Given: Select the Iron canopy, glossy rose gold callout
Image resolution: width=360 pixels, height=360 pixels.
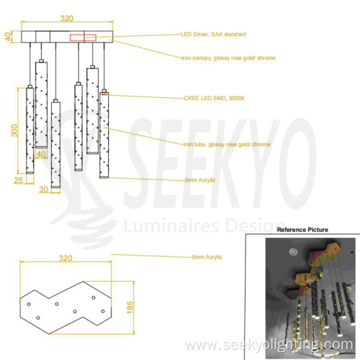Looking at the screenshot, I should (x=227, y=58).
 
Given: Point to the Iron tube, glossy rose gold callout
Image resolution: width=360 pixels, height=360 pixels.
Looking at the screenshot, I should (x=226, y=145).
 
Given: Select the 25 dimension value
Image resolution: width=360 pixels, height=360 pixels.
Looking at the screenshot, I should (x=18, y=180).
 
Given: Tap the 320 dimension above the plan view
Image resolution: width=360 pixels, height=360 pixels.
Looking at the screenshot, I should (x=66, y=257).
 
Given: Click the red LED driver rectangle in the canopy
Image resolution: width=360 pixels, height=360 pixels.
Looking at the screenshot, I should (x=82, y=37).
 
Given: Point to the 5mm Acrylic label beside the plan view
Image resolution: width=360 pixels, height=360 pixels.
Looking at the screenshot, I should (x=207, y=256).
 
